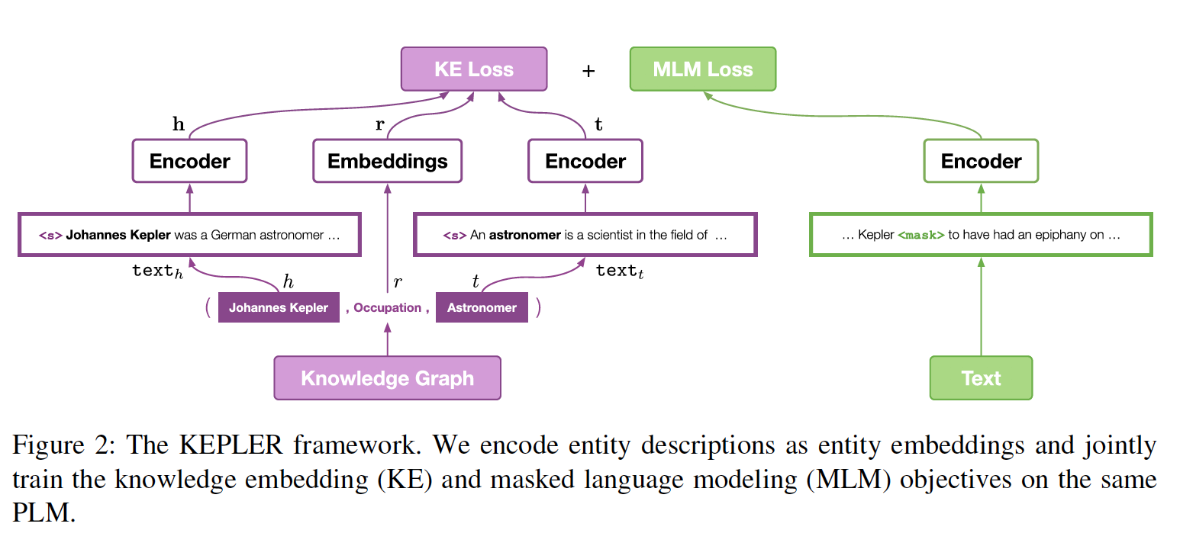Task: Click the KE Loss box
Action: click(474, 69)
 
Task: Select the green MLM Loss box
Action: click(702, 69)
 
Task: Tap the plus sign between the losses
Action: click(588, 71)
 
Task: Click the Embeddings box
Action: click(387, 161)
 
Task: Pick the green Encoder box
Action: click(981, 161)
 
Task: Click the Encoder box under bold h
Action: click(189, 161)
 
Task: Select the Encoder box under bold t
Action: click(585, 161)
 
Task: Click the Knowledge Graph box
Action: click(387, 378)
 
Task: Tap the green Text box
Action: click(981, 378)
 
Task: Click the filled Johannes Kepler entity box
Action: click(279, 308)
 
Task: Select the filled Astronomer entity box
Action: click(482, 308)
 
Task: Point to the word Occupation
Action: click(387, 308)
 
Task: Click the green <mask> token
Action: click(920, 235)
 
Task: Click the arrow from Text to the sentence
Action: click(981, 305)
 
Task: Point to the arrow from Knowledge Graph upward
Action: click(387, 339)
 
